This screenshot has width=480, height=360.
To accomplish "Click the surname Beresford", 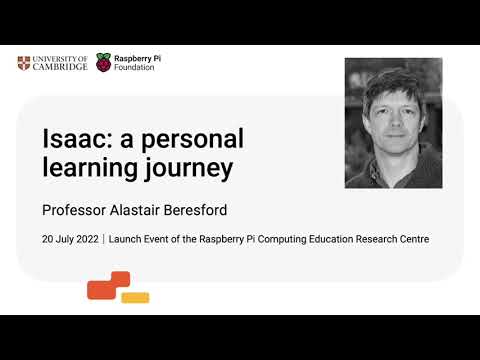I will [201, 211].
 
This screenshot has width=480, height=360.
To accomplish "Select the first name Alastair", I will [142, 211].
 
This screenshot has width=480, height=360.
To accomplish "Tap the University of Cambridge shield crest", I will [24, 64].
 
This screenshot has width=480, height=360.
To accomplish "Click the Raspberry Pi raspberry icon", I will [104, 65].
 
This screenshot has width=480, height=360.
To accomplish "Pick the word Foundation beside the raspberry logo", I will [136, 71].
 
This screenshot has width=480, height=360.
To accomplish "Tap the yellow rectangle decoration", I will [134, 297].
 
